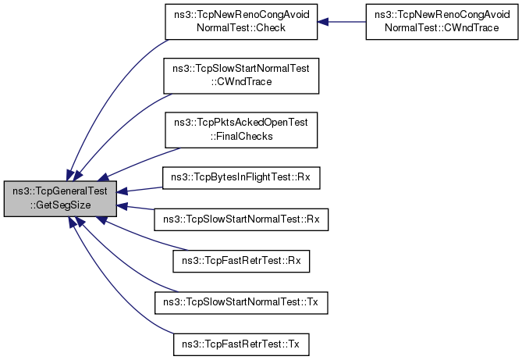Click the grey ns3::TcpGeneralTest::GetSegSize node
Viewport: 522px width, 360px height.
tap(60, 198)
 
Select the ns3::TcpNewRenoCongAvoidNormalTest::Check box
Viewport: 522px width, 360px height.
tap(241, 22)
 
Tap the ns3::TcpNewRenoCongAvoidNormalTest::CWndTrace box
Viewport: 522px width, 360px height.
tap(442, 22)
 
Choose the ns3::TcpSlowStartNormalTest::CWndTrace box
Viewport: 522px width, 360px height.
tap(241, 76)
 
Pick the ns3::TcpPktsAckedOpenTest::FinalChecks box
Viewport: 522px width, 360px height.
tap(241, 130)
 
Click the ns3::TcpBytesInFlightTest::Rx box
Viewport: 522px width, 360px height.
tap(241, 178)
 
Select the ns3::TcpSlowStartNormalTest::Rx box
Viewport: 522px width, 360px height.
tap(241, 219)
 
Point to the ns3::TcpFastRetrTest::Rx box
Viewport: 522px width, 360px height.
tap(241, 261)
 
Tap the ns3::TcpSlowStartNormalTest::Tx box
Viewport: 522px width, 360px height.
tap(241, 303)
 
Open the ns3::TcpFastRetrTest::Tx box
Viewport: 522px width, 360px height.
tap(241, 344)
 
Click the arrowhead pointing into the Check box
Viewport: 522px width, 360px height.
tap(323, 22)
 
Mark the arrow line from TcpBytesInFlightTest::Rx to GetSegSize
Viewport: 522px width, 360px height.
tap(140, 190)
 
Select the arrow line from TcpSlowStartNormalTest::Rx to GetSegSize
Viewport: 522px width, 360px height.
tap(136, 208)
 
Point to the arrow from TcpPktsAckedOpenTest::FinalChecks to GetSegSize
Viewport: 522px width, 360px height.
tap(139, 162)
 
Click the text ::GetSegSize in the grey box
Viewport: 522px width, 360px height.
tap(60, 205)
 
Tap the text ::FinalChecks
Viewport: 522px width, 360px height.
tap(241, 137)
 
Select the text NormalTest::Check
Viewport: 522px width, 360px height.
tap(241, 27)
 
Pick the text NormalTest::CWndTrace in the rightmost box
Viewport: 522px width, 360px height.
tap(442, 27)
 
